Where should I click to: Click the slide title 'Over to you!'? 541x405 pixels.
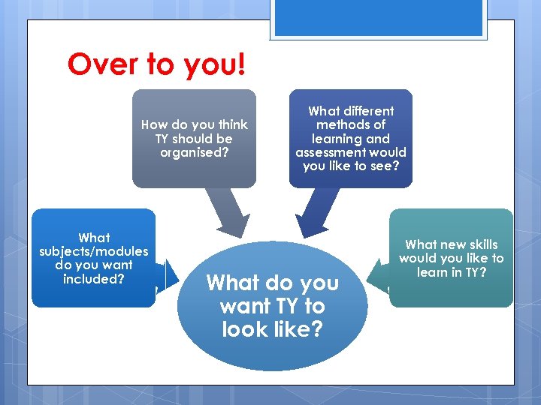pyautogui.click(x=156, y=64)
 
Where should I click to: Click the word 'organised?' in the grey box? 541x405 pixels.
pyautogui.click(x=194, y=152)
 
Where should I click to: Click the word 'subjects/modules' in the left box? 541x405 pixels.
pyautogui.click(x=94, y=251)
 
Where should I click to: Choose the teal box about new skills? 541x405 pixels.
pyautogui.click(x=451, y=289)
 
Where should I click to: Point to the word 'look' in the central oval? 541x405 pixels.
pyautogui.click(x=246, y=329)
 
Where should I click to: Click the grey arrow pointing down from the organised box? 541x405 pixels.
pyautogui.click(x=228, y=214)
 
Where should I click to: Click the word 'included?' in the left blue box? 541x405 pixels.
pyautogui.click(x=94, y=279)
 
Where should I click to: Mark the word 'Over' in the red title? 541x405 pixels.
pyautogui.click(x=97, y=64)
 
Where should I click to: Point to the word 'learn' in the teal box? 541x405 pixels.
pyautogui.click(x=432, y=272)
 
